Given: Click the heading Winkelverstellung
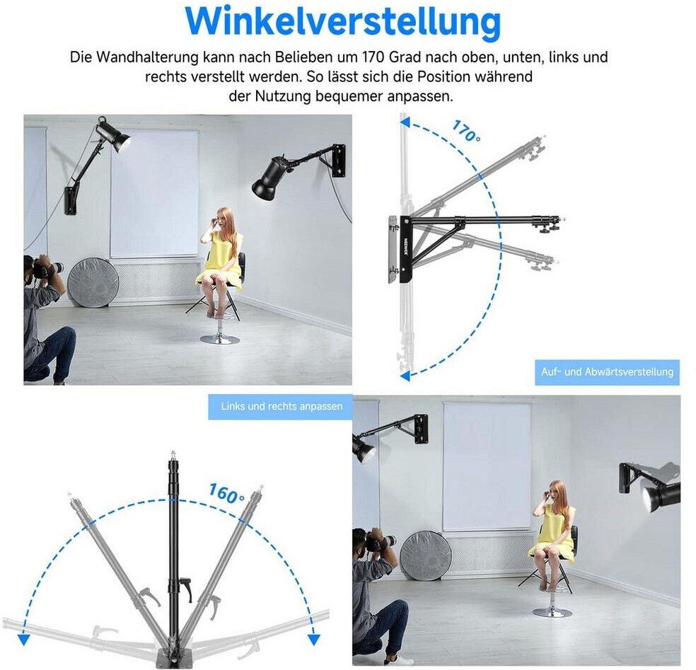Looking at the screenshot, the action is (x=342, y=22).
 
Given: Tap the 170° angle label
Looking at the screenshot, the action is (x=466, y=131).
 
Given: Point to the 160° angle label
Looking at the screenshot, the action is (x=226, y=493).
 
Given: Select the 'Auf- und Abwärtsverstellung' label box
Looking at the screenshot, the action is (x=607, y=371).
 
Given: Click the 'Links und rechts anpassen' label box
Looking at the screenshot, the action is (x=282, y=406).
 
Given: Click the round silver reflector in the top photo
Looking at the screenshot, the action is (x=93, y=282).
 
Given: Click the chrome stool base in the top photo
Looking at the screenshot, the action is (x=220, y=340).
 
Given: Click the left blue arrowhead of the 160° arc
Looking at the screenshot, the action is (x=23, y=640).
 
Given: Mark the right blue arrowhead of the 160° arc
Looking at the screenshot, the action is (x=314, y=640).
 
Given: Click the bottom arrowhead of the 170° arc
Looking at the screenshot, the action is (x=405, y=376).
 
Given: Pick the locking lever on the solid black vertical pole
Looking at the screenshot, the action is (x=184, y=584).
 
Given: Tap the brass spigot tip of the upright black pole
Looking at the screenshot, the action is (x=173, y=455).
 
